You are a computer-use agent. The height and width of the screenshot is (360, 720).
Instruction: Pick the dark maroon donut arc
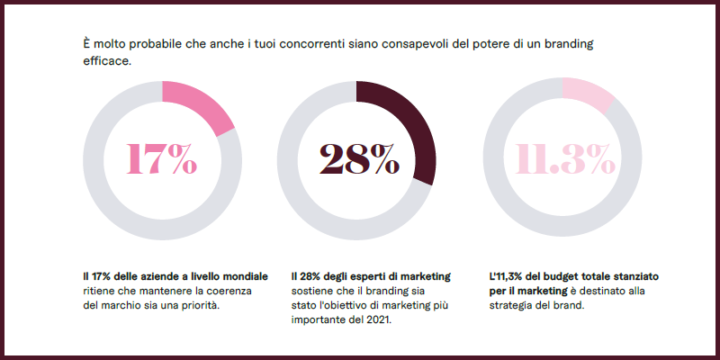(416, 126)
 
